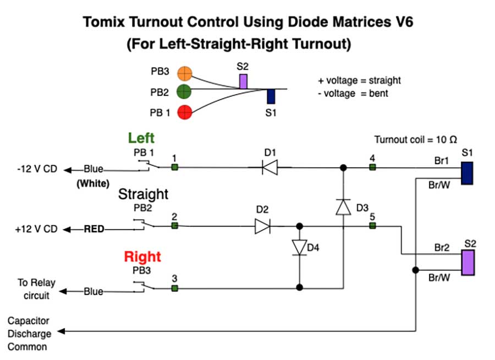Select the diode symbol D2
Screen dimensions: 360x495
tap(262, 226)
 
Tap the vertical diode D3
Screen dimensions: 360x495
tap(343, 206)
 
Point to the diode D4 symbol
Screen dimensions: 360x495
tap(299, 247)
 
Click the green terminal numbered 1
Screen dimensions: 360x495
tap(174, 167)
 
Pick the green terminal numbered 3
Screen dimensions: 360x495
tap(174, 287)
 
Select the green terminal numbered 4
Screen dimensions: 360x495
tap(372, 167)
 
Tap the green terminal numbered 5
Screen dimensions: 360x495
tap(372, 226)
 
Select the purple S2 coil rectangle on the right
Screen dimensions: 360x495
tap(468, 262)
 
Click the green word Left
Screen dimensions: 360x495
tap(141, 138)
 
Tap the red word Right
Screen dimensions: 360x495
tap(142, 257)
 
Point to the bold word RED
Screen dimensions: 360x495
tap(94, 228)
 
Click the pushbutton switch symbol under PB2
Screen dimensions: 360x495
tap(142, 224)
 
